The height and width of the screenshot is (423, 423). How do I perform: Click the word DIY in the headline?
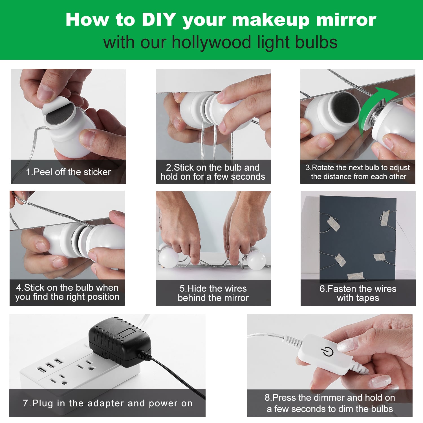click(159, 19)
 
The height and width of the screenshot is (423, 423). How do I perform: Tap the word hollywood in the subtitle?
click(212, 43)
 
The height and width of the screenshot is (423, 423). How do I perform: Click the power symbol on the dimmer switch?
click(327, 352)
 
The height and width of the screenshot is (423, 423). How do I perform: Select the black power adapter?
click(120, 341)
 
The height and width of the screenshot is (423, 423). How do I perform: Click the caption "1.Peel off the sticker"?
click(69, 172)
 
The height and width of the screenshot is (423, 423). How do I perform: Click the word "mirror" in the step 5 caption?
click(235, 298)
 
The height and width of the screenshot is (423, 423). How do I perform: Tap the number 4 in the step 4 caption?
click(19, 288)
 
